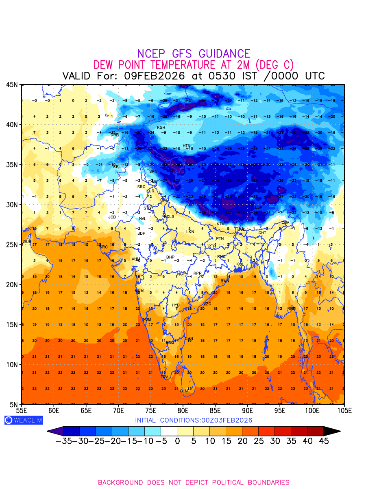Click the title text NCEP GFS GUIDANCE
(x=194, y=54)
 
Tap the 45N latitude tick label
(x=12, y=85)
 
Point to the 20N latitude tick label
(x=12, y=284)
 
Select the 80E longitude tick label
(x=183, y=410)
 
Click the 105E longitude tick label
(x=344, y=410)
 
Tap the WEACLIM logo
(x=24, y=420)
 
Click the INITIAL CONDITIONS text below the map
(x=194, y=420)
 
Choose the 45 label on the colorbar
(x=323, y=441)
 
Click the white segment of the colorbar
(x=169, y=431)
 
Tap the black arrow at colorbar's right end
(x=332, y=431)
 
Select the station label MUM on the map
(x=139, y=291)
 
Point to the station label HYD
(x=176, y=305)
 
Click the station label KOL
(x=240, y=264)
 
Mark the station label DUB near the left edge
(x=27, y=242)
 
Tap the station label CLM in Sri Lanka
(x=184, y=391)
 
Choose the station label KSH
(x=161, y=128)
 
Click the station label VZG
(x=207, y=304)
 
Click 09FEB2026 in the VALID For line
(x=155, y=76)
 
